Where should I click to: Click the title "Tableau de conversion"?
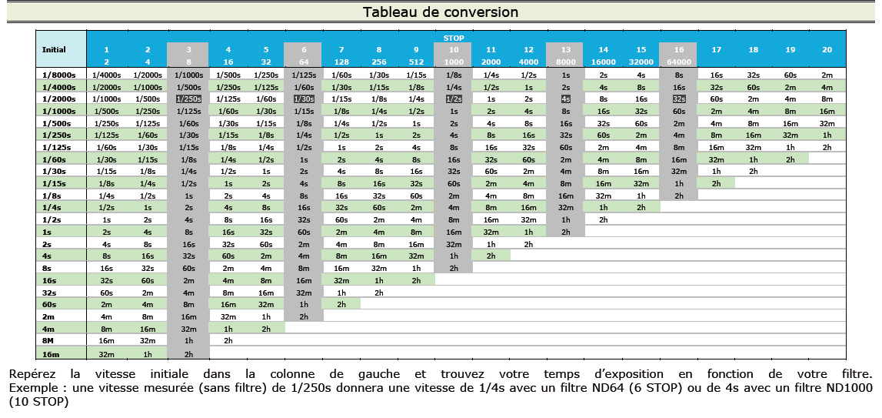click(x=441, y=12)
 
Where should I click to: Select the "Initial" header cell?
click(x=54, y=48)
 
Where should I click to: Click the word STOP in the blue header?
click(x=454, y=37)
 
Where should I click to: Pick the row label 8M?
click(x=48, y=339)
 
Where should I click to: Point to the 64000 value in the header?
click(x=678, y=61)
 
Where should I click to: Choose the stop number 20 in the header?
click(x=827, y=49)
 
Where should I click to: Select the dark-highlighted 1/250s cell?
click(x=188, y=99)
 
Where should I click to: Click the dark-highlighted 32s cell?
click(x=678, y=99)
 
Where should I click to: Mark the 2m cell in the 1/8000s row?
click(x=827, y=75)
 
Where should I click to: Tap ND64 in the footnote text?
click(x=627, y=388)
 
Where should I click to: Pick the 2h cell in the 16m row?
click(x=188, y=353)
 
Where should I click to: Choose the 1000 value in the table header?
click(x=454, y=61)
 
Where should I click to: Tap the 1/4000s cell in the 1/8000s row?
click(x=106, y=75)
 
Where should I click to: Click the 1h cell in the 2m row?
click(x=266, y=316)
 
